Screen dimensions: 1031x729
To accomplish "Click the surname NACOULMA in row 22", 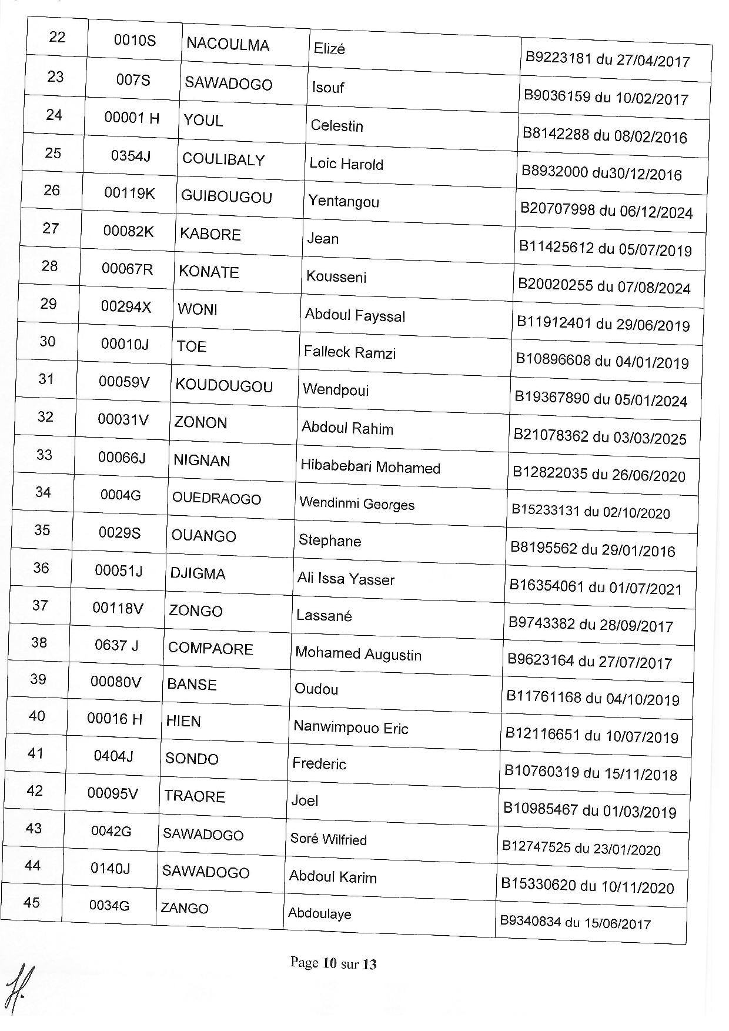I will pos(228,45).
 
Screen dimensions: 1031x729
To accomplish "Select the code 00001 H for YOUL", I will pos(132,118).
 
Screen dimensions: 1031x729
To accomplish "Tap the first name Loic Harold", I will pos(346,164).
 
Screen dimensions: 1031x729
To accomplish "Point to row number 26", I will pos(52,190).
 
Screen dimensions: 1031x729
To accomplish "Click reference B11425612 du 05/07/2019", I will pos(605,248).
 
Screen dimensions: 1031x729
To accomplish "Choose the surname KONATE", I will pos(209,272).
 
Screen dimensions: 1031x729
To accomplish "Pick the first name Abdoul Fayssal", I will pos(355,315).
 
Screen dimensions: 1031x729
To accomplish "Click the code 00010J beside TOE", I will pos(125,344).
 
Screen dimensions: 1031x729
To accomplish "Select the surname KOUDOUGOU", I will pos(224,386).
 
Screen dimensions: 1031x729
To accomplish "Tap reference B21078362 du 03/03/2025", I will pos(600,437).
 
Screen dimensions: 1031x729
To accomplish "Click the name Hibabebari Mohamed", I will pos(370,468).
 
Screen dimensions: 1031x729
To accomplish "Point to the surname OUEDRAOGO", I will pos(216,499).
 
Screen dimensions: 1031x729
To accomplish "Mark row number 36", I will pos(41,568).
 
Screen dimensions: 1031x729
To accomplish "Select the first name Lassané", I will pos(324,616).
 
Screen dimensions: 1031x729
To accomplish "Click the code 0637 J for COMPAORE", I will pos(116,645).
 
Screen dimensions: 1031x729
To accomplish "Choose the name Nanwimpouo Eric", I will pos(350,728).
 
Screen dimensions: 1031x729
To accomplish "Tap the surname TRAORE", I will pos(195,796).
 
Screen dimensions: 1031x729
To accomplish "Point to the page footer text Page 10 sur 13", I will pos(333,963).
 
